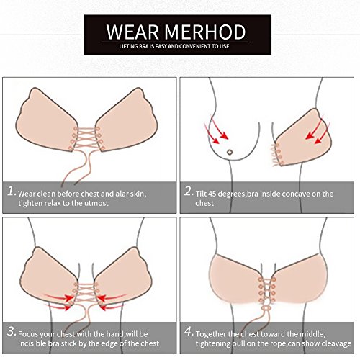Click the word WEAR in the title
(132, 32)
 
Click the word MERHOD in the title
(205, 32)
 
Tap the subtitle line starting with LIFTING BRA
(174, 46)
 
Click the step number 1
(12, 192)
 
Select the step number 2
(189, 192)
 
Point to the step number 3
(12, 331)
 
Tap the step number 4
(189, 331)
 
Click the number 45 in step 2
(212, 194)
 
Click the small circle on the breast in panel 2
(230, 152)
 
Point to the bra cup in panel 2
(304, 138)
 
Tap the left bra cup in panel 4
(236, 279)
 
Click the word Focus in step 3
(28, 334)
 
